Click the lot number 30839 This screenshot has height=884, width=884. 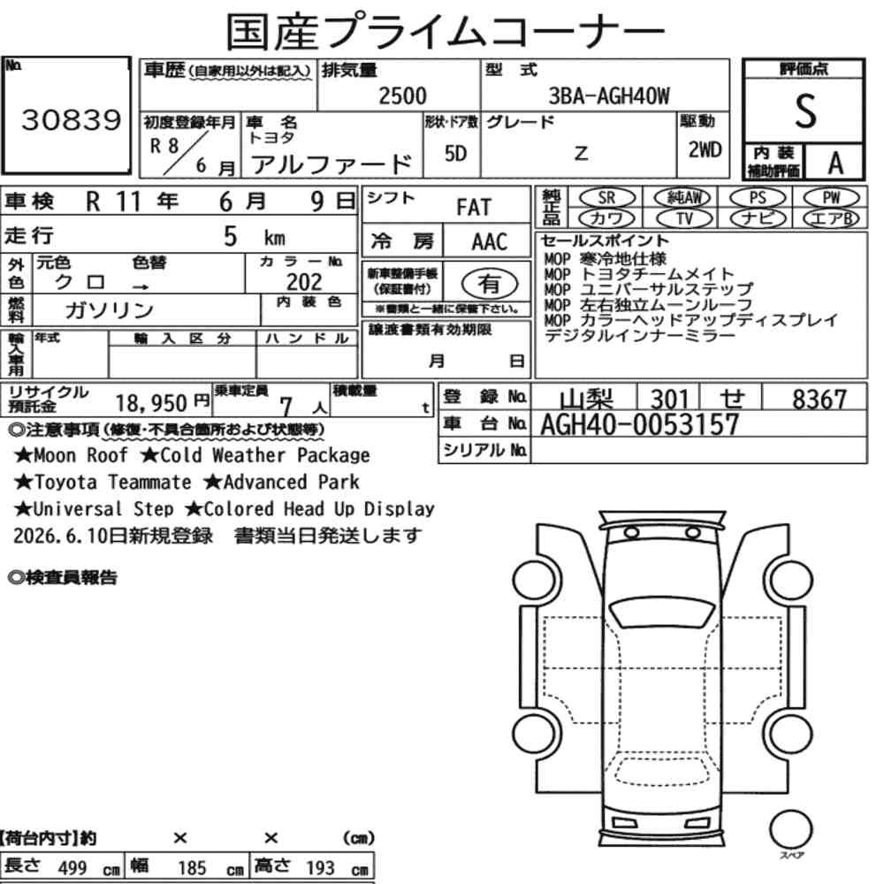71,119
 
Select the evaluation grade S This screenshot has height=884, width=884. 805,111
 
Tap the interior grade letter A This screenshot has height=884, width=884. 835,164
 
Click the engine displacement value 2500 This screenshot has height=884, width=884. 402,95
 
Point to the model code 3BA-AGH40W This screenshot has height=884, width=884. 609,95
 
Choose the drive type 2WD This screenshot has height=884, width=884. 705,150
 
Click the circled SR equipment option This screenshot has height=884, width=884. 607,198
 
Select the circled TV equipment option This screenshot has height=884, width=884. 685,218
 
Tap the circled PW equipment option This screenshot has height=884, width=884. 831,198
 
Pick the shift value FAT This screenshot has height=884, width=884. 474,208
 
